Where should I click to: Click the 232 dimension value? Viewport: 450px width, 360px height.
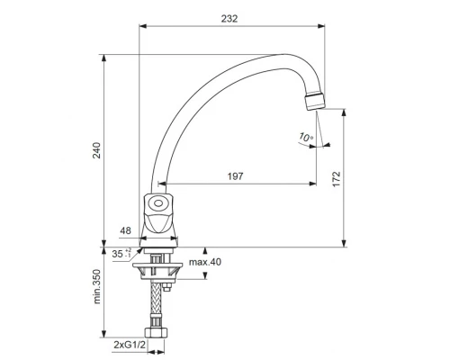pos(229,19)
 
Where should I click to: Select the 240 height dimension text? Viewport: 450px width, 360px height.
pos(96,150)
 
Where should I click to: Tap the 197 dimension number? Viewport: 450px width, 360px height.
pos(235,176)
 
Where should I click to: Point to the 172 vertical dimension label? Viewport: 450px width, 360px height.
pos(337,179)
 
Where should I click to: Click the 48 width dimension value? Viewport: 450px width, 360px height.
pos(125,230)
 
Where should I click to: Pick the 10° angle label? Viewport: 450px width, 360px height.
pos(306,137)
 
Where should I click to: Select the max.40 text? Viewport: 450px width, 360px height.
pos(205,262)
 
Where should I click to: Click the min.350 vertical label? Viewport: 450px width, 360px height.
pos(96,286)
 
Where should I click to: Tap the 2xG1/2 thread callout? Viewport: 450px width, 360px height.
pos(130,345)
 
